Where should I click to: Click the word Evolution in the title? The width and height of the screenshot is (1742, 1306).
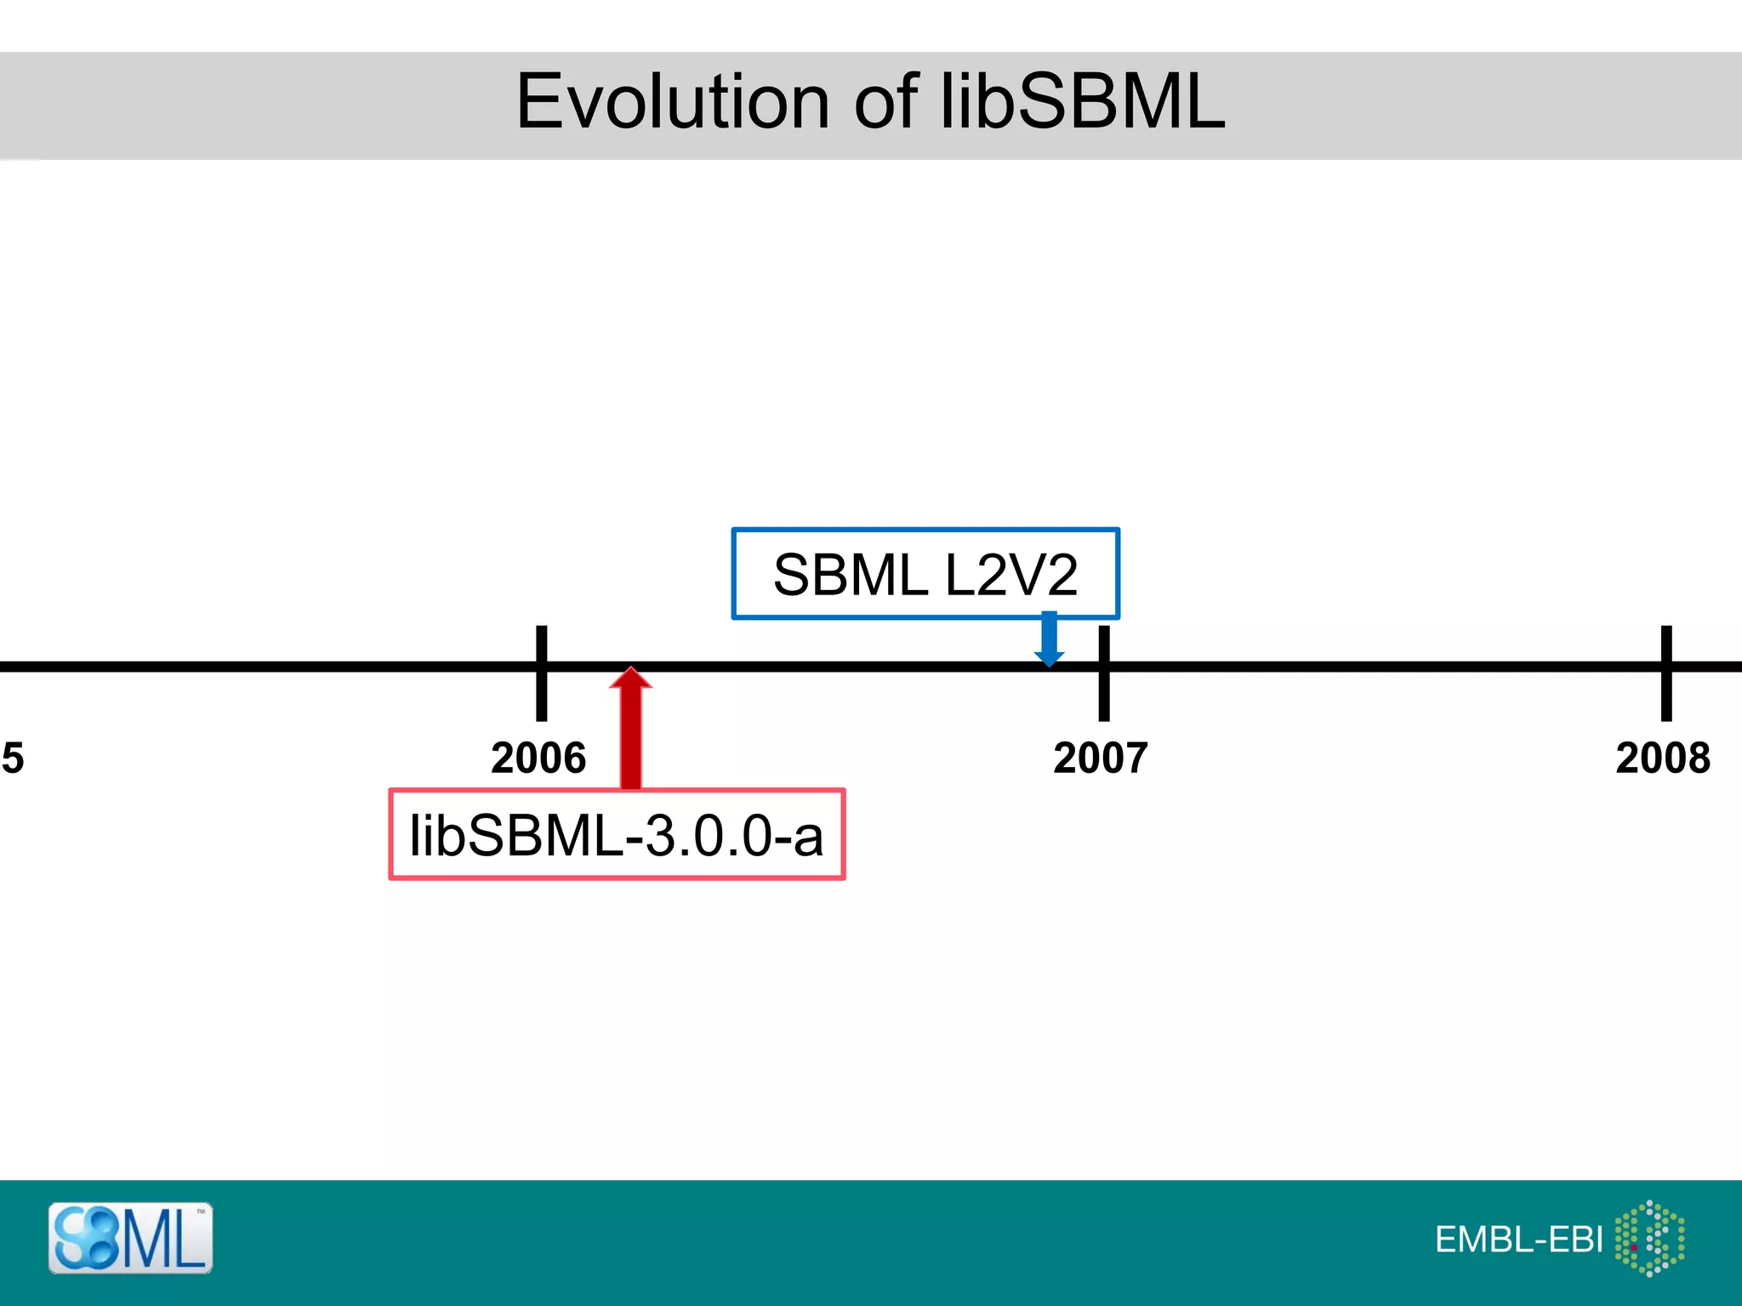pyautogui.click(x=672, y=102)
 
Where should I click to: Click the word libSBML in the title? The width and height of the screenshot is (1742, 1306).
pyautogui.click(x=1082, y=102)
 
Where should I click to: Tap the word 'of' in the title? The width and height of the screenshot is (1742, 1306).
pyautogui.click(x=885, y=102)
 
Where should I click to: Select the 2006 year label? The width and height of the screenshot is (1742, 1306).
pyautogui.click(x=538, y=758)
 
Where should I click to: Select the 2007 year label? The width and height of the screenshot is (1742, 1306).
pyautogui.click(x=1101, y=758)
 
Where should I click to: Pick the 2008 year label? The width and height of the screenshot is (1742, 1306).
pyautogui.click(x=1663, y=758)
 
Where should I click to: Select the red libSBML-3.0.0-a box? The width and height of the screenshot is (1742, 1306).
pyautogui.click(x=617, y=834)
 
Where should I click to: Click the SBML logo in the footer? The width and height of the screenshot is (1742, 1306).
pyautogui.click(x=130, y=1238)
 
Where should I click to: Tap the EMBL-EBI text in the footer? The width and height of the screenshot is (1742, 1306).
pyautogui.click(x=1518, y=1240)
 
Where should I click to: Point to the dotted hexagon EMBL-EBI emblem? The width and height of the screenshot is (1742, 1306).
pyautogui.click(x=1649, y=1238)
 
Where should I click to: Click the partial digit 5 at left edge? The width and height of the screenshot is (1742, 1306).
pyautogui.click(x=13, y=758)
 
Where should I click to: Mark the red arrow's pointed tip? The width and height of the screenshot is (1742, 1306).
pyautogui.click(x=630, y=672)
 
